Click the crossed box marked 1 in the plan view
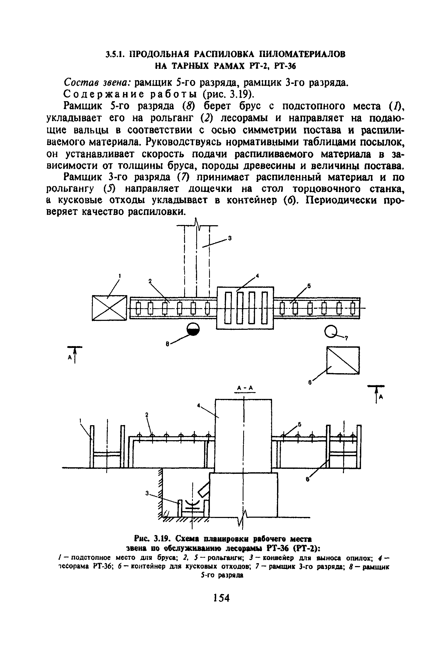click(x=109, y=308)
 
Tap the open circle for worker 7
click(x=331, y=332)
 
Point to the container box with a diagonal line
click(x=343, y=360)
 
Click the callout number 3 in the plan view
click(x=230, y=238)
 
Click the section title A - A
click(x=245, y=388)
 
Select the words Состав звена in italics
click(x=97, y=83)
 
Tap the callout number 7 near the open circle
click(x=346, y=339)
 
